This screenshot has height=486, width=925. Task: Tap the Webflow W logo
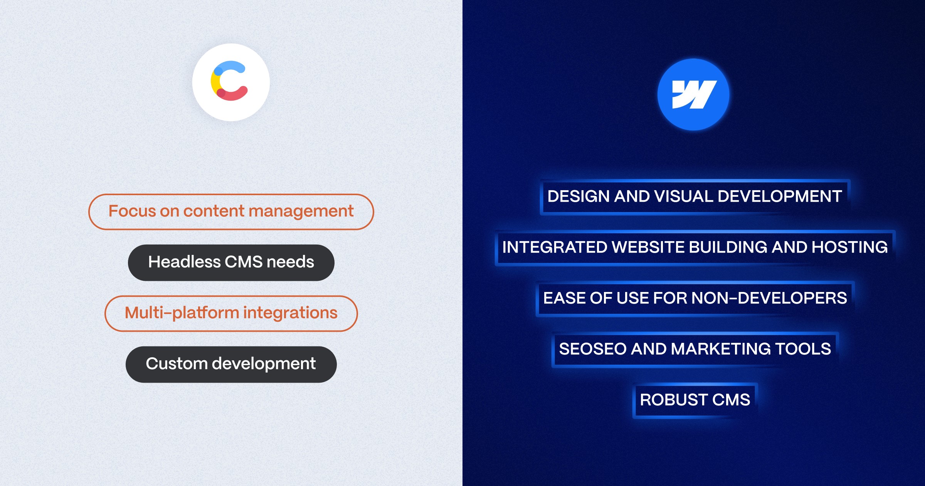pyautogui.click(x=693, y=94)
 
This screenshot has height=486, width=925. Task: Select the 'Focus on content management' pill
pyautogui.click(x=231, y=212)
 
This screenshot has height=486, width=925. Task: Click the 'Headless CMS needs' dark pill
pyautogui.click(x=231, y=263)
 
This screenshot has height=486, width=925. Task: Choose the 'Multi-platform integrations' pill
pyautogui.click(x=231, y=314)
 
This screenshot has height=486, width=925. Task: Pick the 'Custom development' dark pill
pyautogui.click(x=231, y=364)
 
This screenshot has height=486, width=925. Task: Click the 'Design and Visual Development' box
pyautogui.click(x=695, y=197)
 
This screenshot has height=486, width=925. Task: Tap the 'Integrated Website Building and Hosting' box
pyautogui.click(x=695, y=248)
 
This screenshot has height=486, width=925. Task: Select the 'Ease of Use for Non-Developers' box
pyautogui.click(x=695, y=299)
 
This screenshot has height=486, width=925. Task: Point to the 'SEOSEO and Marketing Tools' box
pyautogui.click(x=695, y=349)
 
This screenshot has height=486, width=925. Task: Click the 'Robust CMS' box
pyautogui.click(x=695, y=400)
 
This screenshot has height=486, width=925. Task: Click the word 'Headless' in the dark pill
pyautogui.click(x=185, y=262)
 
